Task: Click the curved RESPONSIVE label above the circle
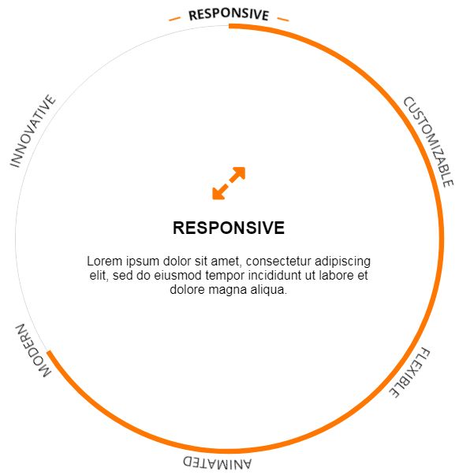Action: (229, 14)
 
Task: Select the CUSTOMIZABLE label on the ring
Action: (428, 142)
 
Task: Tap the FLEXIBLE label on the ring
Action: (409, 373)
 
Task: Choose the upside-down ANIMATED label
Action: (217, 462)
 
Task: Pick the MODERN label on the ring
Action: (33, 351)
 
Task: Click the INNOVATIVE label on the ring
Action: (33, 131)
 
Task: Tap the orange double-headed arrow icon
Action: (229, 184)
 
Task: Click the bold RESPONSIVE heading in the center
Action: (229, 228)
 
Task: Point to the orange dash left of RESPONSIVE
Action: (174, 19)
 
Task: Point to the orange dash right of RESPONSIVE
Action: (283, 19)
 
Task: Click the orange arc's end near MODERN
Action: (49, 352)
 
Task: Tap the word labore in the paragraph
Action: (338, 276)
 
